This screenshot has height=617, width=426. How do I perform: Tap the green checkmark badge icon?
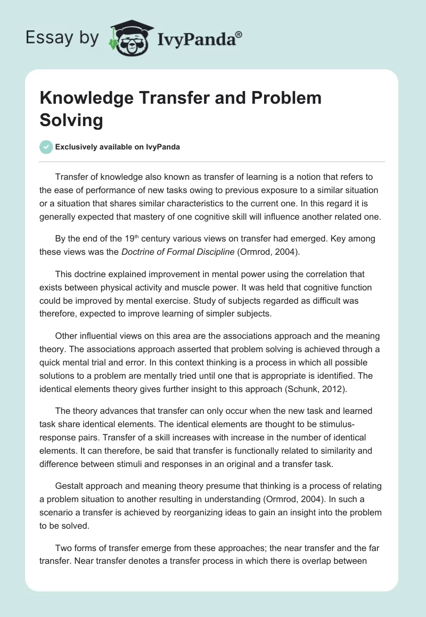46,147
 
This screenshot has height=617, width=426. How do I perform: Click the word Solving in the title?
71,120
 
